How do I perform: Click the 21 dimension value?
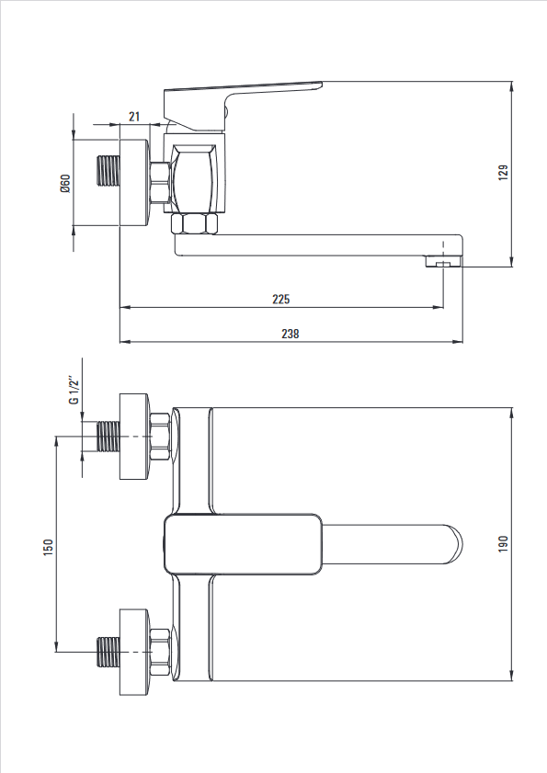(134, 117)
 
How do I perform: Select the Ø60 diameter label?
(65, 184)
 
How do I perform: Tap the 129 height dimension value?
(503, 173)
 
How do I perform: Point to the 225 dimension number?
(280, 299)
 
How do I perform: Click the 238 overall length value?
(290, 334)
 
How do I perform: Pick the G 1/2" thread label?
(74, 391)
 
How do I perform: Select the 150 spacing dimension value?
(49, 547)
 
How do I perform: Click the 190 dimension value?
(503, 544)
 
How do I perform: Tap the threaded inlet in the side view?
(108, 171)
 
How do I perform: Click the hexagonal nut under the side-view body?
(194, 224)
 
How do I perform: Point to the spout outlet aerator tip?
(444, 261)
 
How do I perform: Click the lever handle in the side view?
(243, 105)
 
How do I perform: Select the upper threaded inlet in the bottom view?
(108, 437)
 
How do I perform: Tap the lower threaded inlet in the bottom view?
(108, 653)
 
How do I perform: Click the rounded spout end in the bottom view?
(453, 544)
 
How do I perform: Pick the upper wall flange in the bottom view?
(134, 437)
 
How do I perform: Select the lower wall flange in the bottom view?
(134, 653)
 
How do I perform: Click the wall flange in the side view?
(134, 183)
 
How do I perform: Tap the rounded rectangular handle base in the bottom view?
(243, 544)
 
